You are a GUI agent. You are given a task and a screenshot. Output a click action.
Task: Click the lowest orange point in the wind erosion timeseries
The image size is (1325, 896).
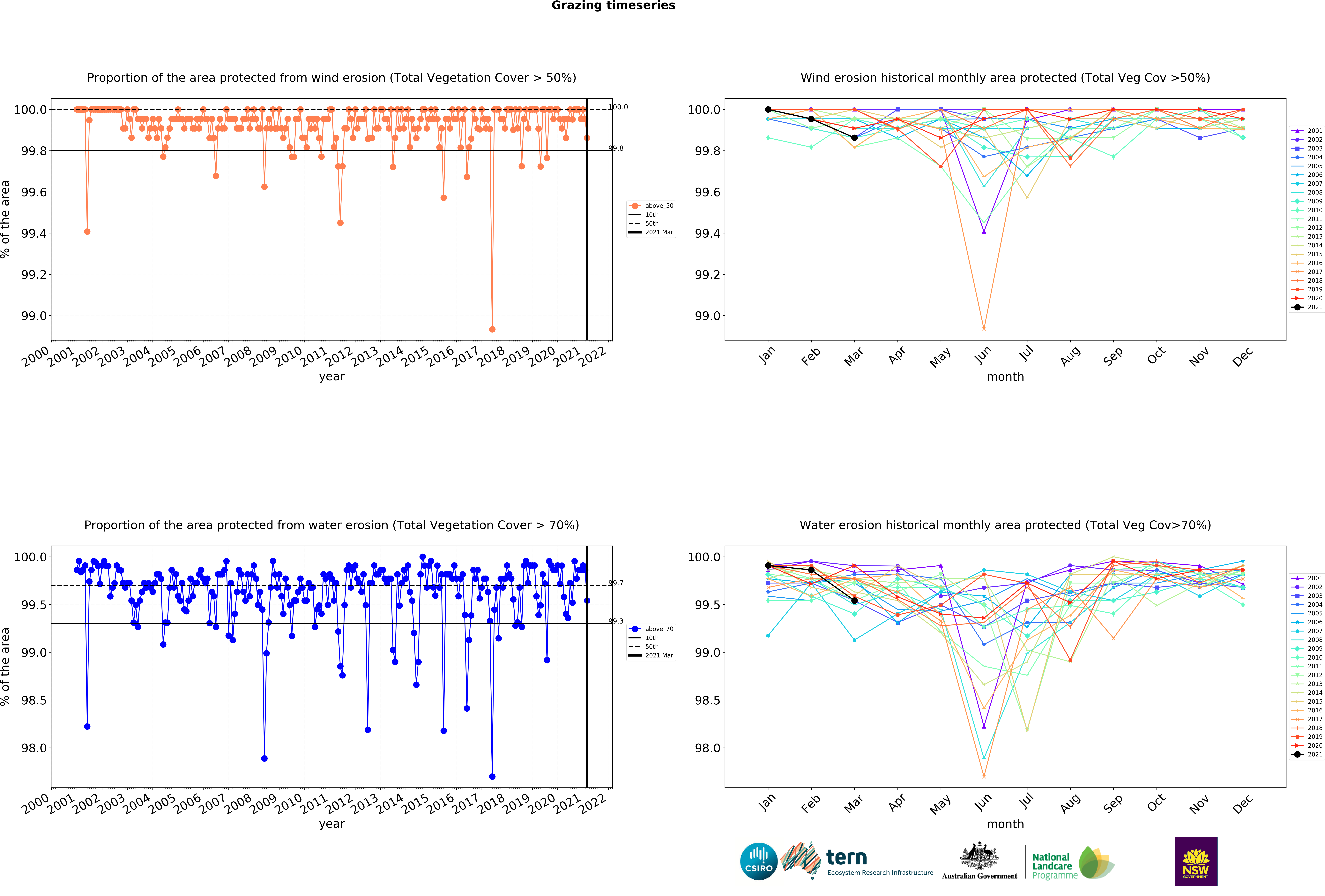pos(492,329)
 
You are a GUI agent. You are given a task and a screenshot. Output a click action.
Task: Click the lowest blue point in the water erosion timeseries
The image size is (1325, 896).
pos(492,776)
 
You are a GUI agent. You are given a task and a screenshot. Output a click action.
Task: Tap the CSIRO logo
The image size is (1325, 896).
pos(758,861)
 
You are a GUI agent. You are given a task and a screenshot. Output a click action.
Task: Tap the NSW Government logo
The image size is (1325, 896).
pos(1196,861)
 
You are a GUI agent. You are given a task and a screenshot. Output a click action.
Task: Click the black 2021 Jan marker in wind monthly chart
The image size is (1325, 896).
pos(768,110)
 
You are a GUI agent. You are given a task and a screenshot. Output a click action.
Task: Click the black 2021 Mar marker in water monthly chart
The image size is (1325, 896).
pos(854,601)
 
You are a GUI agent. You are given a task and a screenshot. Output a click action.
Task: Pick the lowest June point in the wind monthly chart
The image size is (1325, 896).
pos(984,329)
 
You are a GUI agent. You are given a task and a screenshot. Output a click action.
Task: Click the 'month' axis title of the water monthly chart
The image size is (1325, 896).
pos(1005,824)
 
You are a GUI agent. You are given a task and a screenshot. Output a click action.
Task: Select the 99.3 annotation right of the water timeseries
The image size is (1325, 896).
pos(616,621)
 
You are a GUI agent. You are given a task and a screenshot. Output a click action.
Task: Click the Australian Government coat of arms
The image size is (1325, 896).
pos(979,855)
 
